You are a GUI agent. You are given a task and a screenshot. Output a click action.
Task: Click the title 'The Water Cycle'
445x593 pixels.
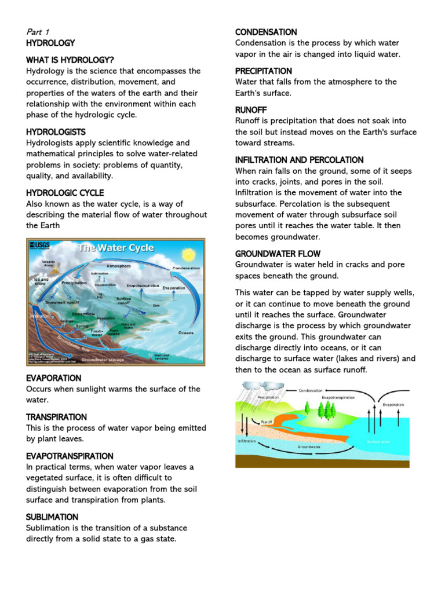116,248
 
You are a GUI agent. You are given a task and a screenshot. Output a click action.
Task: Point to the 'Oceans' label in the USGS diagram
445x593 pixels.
186,332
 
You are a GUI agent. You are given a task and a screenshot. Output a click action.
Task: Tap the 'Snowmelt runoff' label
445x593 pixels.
63,301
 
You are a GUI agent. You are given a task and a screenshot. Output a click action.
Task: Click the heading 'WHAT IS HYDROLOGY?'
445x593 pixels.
70,60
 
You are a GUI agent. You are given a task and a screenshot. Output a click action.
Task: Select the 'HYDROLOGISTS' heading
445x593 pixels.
56,132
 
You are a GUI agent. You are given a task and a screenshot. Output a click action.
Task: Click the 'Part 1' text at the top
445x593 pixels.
38,32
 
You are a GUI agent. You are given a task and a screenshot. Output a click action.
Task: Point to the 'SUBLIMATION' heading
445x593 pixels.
52,517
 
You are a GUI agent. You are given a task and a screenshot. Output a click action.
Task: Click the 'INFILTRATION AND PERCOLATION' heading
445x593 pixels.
299,160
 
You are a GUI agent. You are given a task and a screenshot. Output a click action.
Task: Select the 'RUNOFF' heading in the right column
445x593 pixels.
251,109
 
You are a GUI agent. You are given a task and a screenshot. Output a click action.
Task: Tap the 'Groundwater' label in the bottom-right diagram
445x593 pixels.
309,447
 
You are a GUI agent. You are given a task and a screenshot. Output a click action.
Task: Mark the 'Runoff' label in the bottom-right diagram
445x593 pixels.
267,422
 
